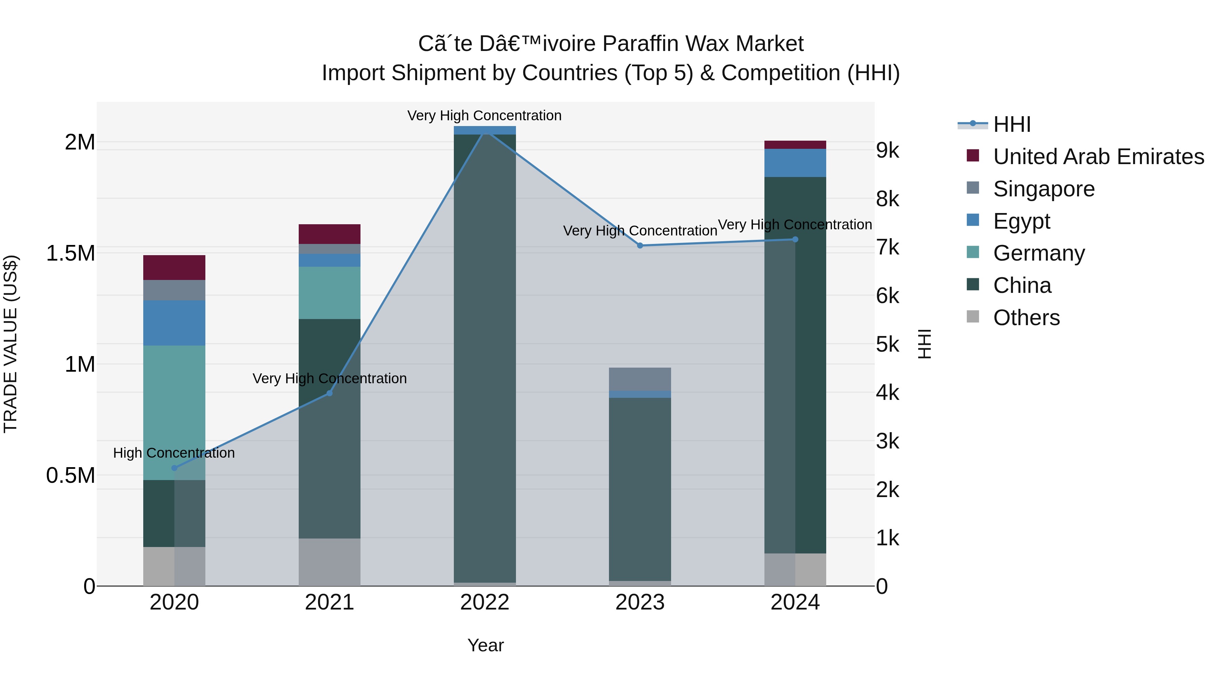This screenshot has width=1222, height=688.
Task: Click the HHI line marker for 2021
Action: pyautogui.click(x=330, y=393)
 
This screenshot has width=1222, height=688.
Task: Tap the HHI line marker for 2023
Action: pyautogui.click(x=640, y=246)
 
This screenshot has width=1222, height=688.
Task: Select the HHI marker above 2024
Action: pyautogui.click(x=796, y=239)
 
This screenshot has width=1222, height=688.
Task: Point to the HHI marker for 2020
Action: pyautogui.click(x=174, y=468)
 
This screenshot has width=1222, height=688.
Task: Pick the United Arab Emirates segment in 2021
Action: pyautogui.click(x=329, y=234)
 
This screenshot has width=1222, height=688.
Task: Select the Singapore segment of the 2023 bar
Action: pyautogui.click(x=640, y=379)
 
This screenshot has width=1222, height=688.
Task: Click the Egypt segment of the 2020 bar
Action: pyautogui.click(x=174, y=323)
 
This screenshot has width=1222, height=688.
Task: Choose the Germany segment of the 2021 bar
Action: pyautogui.click(x=329, y=293)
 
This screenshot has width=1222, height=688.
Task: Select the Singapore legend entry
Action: pyautogui.click(x=1044, y=189)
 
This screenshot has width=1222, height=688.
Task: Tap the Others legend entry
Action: pyautogui.click(x=1026, y=318)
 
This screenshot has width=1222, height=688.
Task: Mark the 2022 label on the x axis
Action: pyautogui.click(x=484, y=602)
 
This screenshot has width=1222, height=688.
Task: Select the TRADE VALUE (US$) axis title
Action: pyautogui.click(x=11, y=344)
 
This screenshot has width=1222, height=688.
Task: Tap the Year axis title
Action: pyautogui.click(x=485, y=645)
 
